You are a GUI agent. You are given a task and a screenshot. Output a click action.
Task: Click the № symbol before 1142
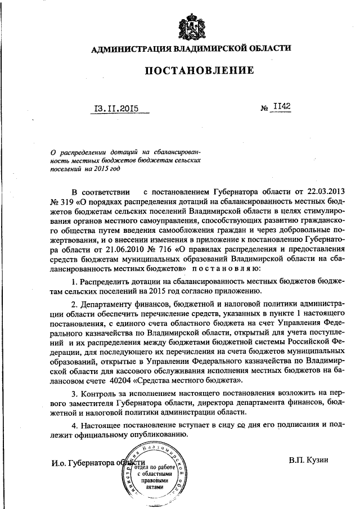(x=264, y=109)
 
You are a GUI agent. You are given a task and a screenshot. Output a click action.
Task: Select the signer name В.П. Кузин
(x=309, y=460)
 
